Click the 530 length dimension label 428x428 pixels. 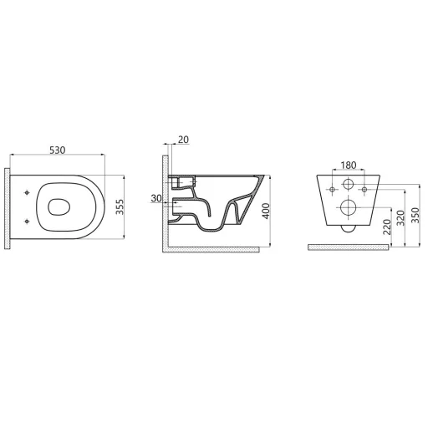(57, 150)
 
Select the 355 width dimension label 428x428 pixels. (120, 206)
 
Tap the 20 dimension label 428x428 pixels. (183, 140)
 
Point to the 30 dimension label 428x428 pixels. (156, 198)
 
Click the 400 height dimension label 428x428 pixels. (267, 211)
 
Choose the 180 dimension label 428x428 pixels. (349, 166)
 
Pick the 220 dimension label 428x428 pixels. (387, 227)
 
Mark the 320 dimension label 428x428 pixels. (400, 218)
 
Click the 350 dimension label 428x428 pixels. (415, 215)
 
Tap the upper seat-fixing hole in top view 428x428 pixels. (27, 192)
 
